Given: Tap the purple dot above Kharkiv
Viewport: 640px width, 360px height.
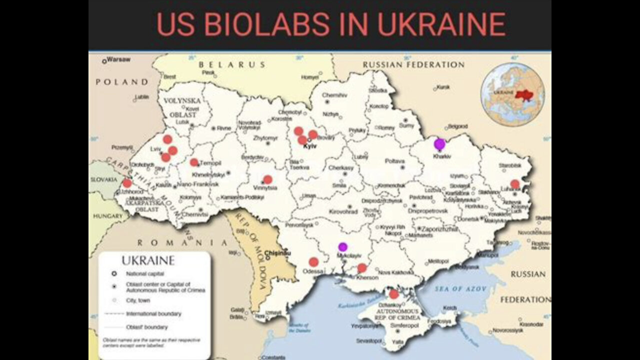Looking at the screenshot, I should (x=439, y=144).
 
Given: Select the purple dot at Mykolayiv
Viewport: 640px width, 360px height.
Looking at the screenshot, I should (x=342, y=246).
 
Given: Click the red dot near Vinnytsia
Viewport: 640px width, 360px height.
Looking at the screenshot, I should (x=267, y=179).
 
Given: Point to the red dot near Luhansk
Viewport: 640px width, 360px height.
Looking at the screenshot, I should (x=515, y=184).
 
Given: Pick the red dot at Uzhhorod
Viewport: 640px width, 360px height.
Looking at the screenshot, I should (x=127, y=183).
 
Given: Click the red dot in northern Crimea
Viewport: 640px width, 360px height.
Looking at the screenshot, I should (x=394, y=294).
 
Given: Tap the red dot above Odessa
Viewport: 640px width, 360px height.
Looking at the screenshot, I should (x=313, y=261).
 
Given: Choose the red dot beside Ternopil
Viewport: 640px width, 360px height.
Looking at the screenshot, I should (x=194, y=162).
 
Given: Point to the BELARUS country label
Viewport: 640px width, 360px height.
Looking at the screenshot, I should (x=231, y=64).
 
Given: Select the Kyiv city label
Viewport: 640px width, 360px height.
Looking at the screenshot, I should (x=310, y=146).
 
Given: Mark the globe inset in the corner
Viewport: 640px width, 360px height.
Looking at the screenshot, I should (x=512, y=94).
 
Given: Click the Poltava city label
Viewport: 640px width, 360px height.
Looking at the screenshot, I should (x=394, y=161).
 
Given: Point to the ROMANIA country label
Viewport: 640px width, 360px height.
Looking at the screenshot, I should (x=182, y=242).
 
